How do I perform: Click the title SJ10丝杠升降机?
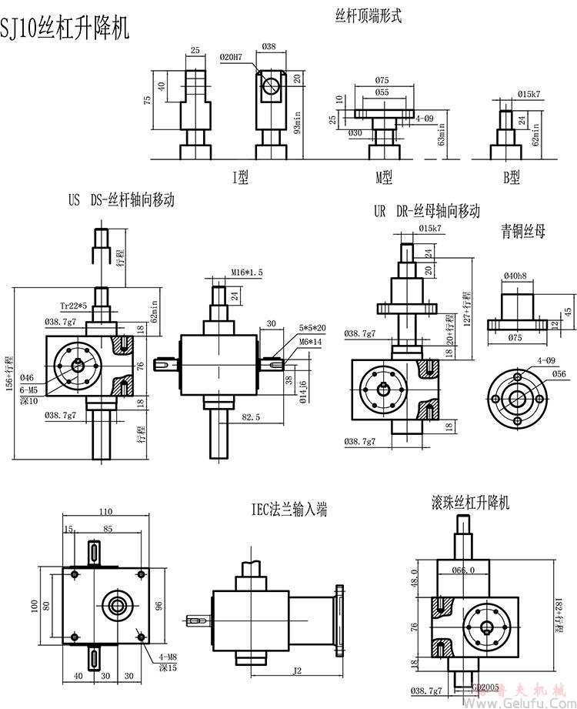(67, 28)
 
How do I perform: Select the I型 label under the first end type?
(241, 178)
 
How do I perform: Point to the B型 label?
(512, 178)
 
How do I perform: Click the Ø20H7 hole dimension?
(231, 57)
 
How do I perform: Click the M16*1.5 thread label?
(247, 273)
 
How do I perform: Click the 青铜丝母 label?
(522, 232)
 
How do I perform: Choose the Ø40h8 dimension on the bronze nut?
(515, 276)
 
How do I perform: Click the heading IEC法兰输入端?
(288, 510)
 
